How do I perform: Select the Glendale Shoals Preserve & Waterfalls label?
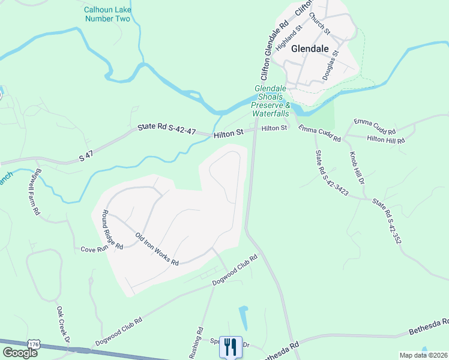click(272, 100)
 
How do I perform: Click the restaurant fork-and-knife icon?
click(231, 346)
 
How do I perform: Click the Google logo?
click(20, 352)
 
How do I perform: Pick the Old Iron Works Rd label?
click(157, 250)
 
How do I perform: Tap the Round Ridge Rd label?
click(112, 229)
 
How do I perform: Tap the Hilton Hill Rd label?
click(386, 139)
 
